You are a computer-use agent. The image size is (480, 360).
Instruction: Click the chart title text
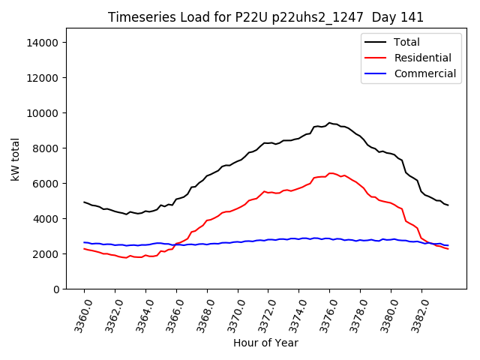coord(265,17)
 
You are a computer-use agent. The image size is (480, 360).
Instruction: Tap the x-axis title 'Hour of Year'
coord(265,343)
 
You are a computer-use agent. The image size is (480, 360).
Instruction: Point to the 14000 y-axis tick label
coord(42,43)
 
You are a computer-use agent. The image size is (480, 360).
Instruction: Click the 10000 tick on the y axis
coord(42,113)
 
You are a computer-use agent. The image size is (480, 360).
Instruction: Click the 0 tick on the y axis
coord(55,289)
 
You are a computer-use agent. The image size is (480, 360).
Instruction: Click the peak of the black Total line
coord(328,123)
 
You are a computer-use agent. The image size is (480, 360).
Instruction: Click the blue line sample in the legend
coord(375,73)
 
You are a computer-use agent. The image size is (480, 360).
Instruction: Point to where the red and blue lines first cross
coord(176,244)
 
